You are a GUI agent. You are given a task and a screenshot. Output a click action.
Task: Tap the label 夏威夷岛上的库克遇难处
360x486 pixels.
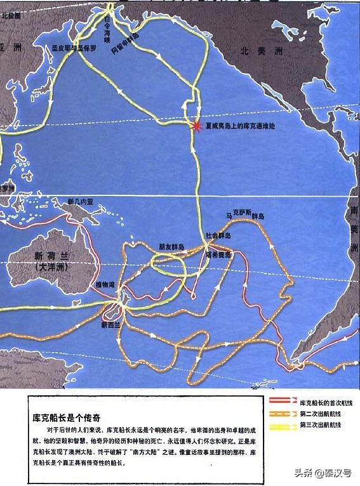(242, 126)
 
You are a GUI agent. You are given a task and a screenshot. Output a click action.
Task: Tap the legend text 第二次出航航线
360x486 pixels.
(321, 413)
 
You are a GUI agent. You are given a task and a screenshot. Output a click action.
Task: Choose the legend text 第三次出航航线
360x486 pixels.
(321, 424)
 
